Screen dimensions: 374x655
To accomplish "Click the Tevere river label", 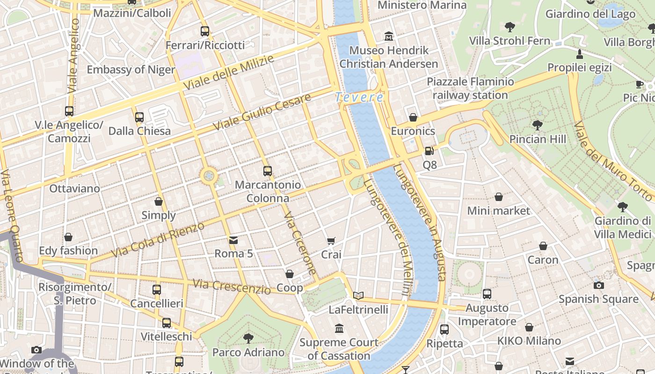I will coord(359,97).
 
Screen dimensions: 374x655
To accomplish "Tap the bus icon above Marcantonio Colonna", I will coord(268,171).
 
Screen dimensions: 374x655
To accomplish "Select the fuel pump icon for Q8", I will coord(429,151).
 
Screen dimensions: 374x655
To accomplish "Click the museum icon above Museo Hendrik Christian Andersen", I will coord(389,36).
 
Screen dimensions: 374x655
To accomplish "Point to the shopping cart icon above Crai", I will coord(331,241).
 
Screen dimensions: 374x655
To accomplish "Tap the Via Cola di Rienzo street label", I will coord(158,240).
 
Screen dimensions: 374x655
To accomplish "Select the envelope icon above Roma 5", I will coord(233,240).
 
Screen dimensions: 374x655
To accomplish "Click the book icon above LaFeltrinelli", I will coord(358,295).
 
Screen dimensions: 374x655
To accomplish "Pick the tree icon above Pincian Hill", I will coord(537,125).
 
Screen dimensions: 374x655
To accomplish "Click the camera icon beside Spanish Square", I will coord(598,285).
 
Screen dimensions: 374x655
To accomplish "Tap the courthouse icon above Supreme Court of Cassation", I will coord(339,329).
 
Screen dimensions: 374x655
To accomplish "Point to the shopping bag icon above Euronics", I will coord(413,117).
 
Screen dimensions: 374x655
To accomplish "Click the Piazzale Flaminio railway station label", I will coord(470,88).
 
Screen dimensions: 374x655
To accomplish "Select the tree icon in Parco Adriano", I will coord(248,338).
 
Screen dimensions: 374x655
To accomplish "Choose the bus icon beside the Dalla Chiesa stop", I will coord(139,117).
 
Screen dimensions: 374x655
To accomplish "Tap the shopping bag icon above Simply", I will coord(159,201).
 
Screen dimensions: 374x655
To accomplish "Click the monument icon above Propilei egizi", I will coord(580,54).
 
